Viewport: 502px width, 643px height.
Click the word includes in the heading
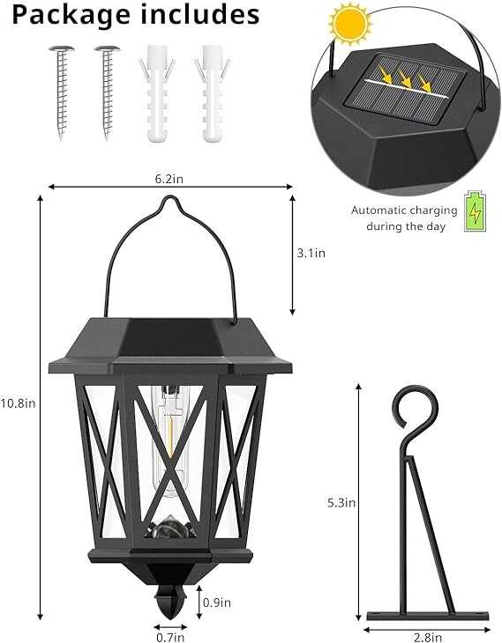[x=200, y=13]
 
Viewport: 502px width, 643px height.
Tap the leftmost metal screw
[x=62, y=92]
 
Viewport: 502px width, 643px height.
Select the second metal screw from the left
[x=108, y=92]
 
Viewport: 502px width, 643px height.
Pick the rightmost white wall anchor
[x=212, y=93]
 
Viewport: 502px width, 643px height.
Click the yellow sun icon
[x=349, y=24]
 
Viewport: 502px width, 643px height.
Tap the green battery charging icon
[x=475, y=211]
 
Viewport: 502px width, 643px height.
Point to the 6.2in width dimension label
[x=169, y=179]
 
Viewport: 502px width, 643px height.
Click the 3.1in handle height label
[x=311, y=253]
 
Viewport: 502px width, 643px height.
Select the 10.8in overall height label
[x=18, y=403]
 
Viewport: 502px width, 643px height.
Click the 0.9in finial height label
[x=217, y=602]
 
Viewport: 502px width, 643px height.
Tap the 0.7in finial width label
[x=170, y=637]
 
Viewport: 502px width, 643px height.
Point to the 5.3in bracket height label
[x=341, y=503]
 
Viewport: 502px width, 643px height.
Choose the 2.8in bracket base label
[x=428, y=637]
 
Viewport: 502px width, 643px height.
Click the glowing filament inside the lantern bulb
[x=169, y=435]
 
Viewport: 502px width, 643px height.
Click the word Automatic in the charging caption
[x=378, y=211]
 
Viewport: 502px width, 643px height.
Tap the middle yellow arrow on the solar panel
[x=404, y=79]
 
